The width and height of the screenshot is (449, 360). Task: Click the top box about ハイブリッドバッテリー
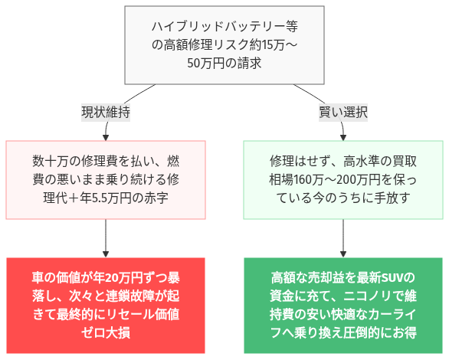[224, 46]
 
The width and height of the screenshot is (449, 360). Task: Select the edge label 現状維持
[106, 112]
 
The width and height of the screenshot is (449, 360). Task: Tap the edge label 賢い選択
[342, 112]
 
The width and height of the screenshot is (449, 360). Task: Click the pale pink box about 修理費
[106, 180]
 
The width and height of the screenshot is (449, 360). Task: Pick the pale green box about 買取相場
[342, 180]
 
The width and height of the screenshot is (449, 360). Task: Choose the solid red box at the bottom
[106, 305]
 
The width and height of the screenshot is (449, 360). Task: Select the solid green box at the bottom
[342, 305]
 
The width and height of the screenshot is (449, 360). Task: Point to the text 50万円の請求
[224, 64]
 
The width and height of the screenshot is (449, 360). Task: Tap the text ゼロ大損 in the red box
[106, 332]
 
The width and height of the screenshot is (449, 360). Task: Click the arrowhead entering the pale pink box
[106, 136]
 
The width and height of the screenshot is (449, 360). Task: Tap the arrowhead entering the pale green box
[342, 136]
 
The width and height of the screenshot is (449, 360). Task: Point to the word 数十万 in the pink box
[51, 162]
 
